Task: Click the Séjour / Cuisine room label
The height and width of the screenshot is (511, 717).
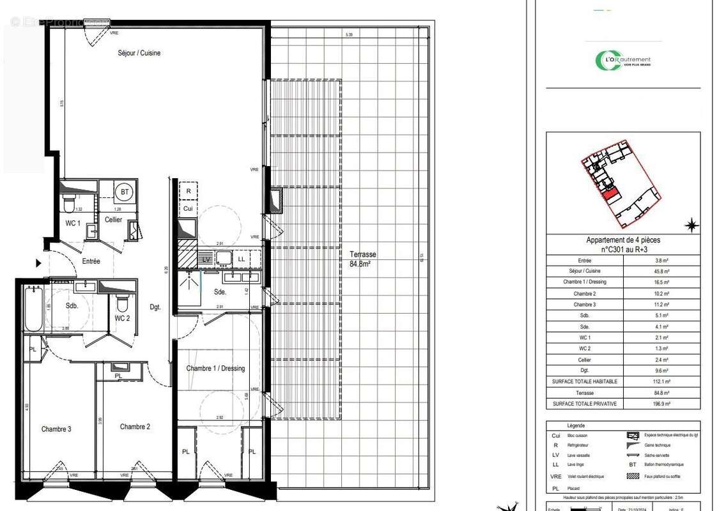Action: click(x=139, y=53)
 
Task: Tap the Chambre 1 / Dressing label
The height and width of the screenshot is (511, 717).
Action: click(x=215, y=369)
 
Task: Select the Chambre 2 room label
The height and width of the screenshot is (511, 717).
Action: click(x=135, y=427)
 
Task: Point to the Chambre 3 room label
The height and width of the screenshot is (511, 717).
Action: click(x=56, y=429)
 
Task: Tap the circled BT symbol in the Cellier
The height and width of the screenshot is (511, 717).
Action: click(x=125, y=190)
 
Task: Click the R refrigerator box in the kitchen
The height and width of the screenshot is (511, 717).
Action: click(x=188, y=191)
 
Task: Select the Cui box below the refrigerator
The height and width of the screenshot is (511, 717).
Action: click(x=188, y=208)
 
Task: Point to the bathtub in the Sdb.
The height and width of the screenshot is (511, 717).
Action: click(x=33, y=309)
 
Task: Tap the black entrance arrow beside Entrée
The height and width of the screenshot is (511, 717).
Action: click(x=39, y=263)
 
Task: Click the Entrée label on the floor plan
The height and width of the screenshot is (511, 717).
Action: click(x=90, y=261)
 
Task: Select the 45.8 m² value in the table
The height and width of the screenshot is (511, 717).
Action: click(x=661, y=271)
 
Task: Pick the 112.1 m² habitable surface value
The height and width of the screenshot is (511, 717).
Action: click(x=661, y=381)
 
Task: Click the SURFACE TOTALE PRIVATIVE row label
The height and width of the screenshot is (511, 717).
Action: click(x=585, y=404)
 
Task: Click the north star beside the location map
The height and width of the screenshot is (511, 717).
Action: click(x=691, y=225)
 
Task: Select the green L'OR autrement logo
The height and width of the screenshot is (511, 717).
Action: click(x=623, y=61)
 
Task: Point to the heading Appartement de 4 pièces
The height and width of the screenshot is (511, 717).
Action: click(x=623, y=240)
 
